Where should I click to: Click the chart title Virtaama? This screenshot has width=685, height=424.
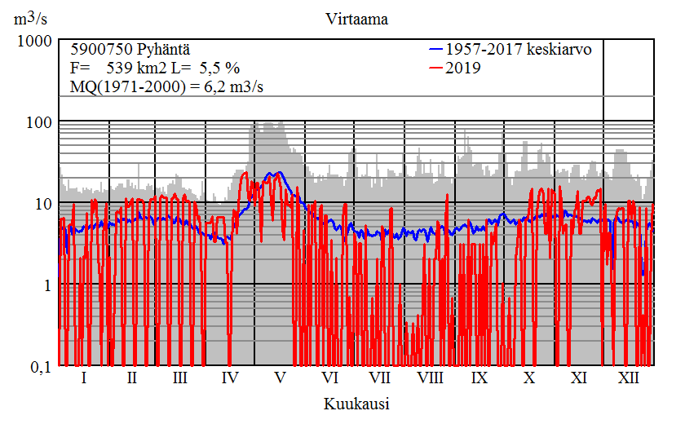click(356, 19)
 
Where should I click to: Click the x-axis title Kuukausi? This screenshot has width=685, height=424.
click(356, 404)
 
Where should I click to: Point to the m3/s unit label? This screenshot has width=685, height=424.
click(31, 19)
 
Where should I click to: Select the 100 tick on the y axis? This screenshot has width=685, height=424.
click(38, 121)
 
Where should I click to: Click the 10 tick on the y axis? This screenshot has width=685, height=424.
click(42, 203)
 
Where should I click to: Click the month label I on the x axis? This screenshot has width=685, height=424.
click(84, 378)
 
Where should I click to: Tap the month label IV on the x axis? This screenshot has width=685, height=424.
click(230, 378)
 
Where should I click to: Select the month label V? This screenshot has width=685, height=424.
click(280, 378)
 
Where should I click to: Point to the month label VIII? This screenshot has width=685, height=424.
click(430, 378)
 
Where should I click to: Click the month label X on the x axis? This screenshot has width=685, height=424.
click(529, 378)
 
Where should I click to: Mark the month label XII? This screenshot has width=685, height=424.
click(629, 378)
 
